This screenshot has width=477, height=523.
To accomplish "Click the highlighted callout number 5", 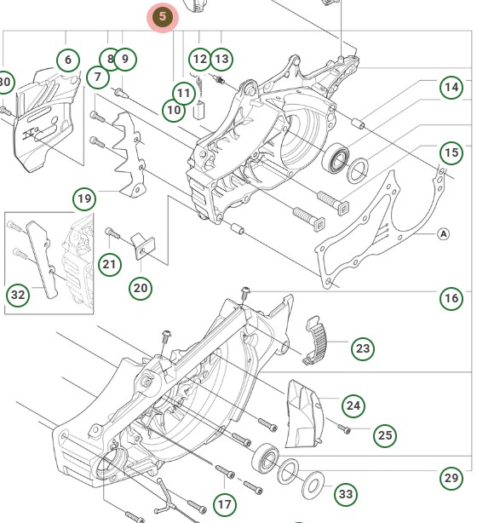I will click(x=162, y=17).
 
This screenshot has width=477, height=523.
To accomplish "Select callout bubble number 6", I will click(x=68, y=60).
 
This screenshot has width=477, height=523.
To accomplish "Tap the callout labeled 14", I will click(x=451, y=86).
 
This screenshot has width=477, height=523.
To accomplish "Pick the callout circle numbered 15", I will click(x=451, y=152).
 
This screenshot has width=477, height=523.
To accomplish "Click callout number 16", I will click(x=451, y=298).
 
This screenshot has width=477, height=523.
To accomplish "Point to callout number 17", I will click(x=224, y=505).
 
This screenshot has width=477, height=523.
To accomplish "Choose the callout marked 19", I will click(x=83, y=200).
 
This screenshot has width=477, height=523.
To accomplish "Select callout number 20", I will click(x=141, y=288).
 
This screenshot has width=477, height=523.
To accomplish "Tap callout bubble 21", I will click(x=109, y=264).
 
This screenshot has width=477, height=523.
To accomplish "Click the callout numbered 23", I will click(x=363, y=348).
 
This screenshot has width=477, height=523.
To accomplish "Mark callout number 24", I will click(x=353, y=404).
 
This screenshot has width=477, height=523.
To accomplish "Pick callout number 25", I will click(x=385, y=436).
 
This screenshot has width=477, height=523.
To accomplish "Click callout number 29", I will click(x=451, y=478).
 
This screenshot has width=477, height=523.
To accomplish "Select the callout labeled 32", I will click(x=18, y=295).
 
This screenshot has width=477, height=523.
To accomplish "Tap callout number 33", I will click(x=345, y=494).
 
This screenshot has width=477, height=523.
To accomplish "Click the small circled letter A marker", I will click(x=443, y=233).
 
